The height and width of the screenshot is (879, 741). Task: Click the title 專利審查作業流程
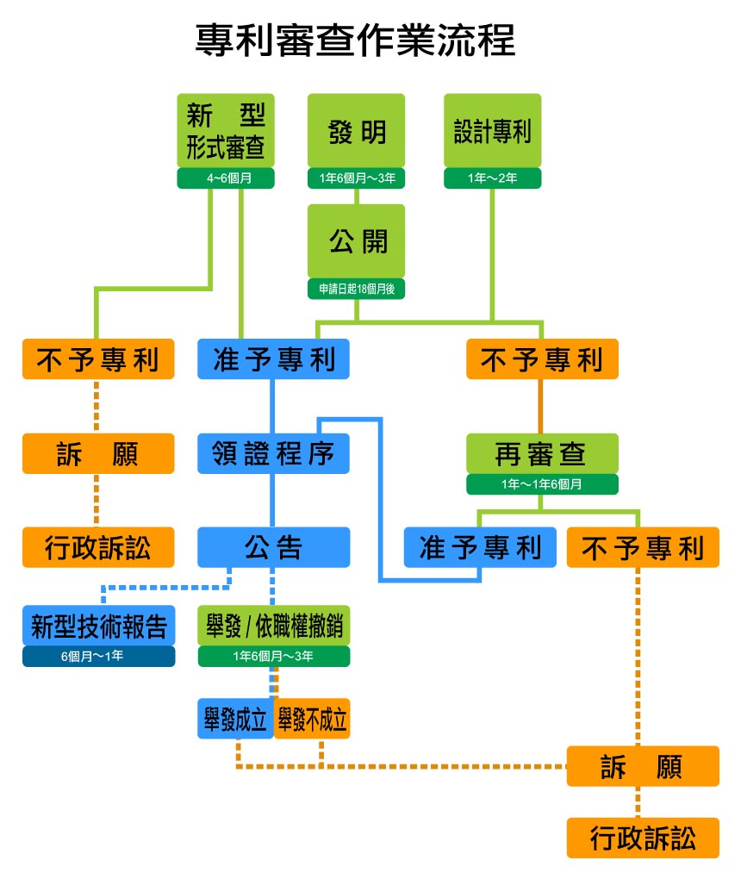[355, 41]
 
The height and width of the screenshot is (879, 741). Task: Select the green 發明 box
[356, 131]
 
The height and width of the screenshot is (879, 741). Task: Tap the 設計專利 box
[492, 131]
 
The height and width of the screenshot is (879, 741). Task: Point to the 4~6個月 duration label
[226, 178]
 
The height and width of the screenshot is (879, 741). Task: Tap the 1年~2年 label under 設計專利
[492, 178]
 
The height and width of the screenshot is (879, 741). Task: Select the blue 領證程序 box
[273, 453]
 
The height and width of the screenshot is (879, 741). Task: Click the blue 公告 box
[273, 547]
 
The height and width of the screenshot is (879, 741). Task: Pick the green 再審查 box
[542, 453]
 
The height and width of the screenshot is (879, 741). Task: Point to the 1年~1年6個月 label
[542, 484]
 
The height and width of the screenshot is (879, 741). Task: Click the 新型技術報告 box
[98, 625]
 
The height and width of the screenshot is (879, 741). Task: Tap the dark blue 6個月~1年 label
[98, 657]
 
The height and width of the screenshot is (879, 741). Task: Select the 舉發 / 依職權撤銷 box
[273, 625]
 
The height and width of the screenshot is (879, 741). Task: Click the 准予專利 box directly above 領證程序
[273, 359]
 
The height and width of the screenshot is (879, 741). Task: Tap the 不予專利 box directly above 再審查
[542, 359]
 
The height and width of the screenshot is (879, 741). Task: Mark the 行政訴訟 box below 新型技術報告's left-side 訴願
[98, 547]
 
